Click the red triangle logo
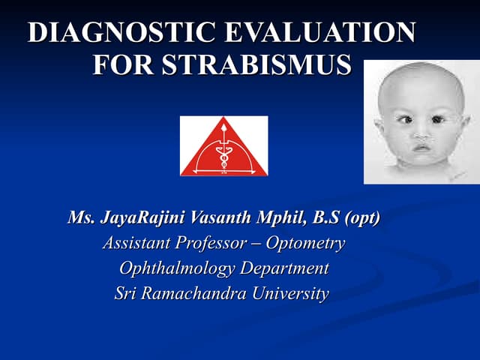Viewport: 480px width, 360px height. (223, 148)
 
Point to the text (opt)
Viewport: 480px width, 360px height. (362, 219)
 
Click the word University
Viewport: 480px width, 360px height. (289, 293)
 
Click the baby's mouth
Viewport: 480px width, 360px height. (423, 147)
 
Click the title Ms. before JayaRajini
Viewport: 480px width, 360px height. (81, 219)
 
